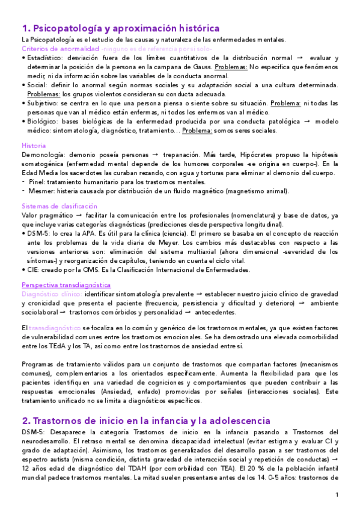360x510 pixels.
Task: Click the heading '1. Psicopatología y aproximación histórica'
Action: click(120, 28)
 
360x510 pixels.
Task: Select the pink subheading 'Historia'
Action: click(33, 146)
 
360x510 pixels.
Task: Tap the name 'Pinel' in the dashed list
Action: click(37, 182)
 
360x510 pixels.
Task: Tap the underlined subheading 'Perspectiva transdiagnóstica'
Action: click(66, 284)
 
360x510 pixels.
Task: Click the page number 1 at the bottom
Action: click(338, 494)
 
